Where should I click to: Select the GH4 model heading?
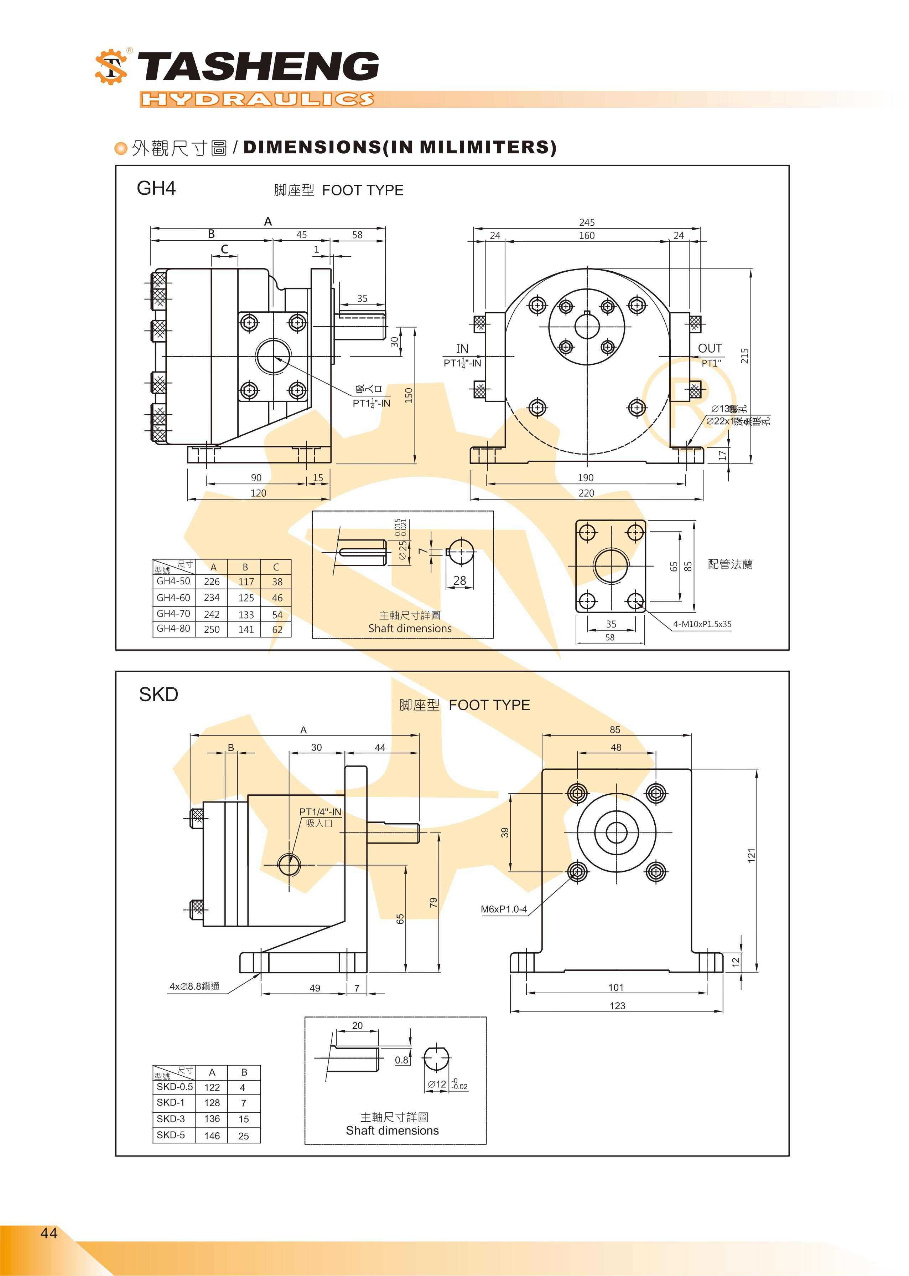coord(156,188)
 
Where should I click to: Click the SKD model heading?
coord(159,695)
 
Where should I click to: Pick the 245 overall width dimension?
coord(587,222)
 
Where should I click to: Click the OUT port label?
coord(710,348)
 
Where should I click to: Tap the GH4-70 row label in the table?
coord(173,613)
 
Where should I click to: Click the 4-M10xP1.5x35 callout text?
coord(702,624)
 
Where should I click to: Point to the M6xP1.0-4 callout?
coord(504,909)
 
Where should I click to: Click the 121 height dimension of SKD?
coord(751,855)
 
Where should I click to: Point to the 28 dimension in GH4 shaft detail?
coord(459,580)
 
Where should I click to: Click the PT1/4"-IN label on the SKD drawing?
coord(320,812)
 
